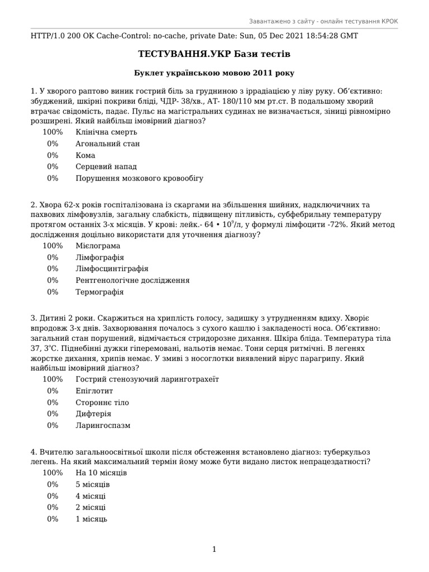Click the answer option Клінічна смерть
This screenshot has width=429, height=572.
(106, 132)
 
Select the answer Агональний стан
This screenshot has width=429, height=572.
(107, 144)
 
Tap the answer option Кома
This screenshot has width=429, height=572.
(85, 155)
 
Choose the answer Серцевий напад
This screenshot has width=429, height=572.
(106, 166)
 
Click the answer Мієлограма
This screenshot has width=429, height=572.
(98, 246)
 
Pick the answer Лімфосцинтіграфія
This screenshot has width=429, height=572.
(112, 269)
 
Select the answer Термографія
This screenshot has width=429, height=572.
(99, 292)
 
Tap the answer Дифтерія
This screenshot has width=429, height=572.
(93, 414)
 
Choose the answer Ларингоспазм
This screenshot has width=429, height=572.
(103, 425)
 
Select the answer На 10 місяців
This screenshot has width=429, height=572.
(101, 473)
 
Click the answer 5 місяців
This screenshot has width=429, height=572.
(93, 484)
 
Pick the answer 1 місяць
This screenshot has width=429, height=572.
(91, 519)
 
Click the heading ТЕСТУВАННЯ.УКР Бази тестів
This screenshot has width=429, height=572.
(214, 54)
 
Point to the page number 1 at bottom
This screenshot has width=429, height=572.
(214, 550)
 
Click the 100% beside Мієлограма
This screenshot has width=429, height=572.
(53, 246)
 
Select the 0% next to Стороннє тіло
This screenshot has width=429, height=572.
(53, 402)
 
